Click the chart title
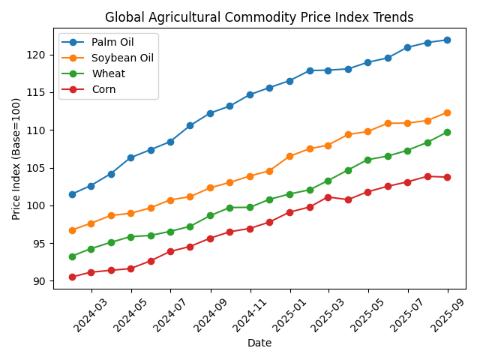click(259, 17)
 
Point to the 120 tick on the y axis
click(39, 55)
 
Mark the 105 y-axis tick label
click(39, 168)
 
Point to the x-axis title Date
click(259, 343)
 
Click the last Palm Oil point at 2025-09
click(448, 40)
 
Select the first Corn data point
click(72, 277)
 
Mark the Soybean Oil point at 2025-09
click(448, 112)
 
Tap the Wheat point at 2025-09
click(448, 132)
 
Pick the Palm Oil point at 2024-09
click(210, 113)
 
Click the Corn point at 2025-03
click(328, 197)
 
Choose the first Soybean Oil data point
click(72, 230)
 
